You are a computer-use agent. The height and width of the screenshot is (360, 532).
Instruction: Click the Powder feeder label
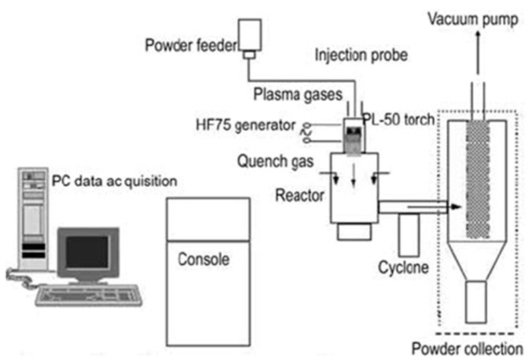(x=192, y=45)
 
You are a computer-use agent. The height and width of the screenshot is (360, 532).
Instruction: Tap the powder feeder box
(x=250, y=35)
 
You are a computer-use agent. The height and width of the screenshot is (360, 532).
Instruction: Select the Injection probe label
(x=361, y=55)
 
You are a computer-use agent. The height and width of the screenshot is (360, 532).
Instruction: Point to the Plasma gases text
(x=298, y=94)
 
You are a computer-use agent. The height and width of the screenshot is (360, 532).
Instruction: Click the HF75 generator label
(x=246, y=125)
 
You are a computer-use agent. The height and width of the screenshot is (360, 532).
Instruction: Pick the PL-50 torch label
(x=399, y=119)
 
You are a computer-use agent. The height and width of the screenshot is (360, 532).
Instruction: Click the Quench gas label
(x=275, y=161)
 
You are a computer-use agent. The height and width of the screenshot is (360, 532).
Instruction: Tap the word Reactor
(x=299, y=195)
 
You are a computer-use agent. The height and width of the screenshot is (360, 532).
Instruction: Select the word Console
(x=204, y=259)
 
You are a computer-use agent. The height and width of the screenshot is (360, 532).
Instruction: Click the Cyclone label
(x=404, y=267)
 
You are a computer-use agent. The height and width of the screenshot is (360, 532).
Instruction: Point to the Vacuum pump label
(x=473, y=19)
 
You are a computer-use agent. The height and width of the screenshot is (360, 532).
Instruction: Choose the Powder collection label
(x=467, y=349)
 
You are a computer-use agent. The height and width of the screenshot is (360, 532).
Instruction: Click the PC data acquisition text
(x=114, y=181)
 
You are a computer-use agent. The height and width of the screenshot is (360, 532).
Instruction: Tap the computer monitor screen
(x=87, y=252)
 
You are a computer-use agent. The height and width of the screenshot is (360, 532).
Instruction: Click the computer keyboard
(x=89, y=295)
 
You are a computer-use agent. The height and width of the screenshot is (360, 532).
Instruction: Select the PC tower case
(x=33, y=219)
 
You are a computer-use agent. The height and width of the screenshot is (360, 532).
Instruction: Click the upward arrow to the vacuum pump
(x=478, y=52)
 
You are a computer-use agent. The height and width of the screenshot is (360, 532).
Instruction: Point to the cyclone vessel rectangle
(x=409, y=235)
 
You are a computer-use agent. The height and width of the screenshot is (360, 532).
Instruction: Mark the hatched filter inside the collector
(x=478, y=179)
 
